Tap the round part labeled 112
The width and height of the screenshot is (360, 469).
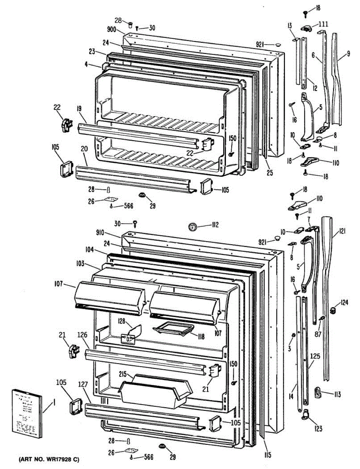coord(192,226)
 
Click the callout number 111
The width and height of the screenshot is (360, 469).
coord(323,24)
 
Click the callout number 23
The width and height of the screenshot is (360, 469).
coord(92,51)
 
